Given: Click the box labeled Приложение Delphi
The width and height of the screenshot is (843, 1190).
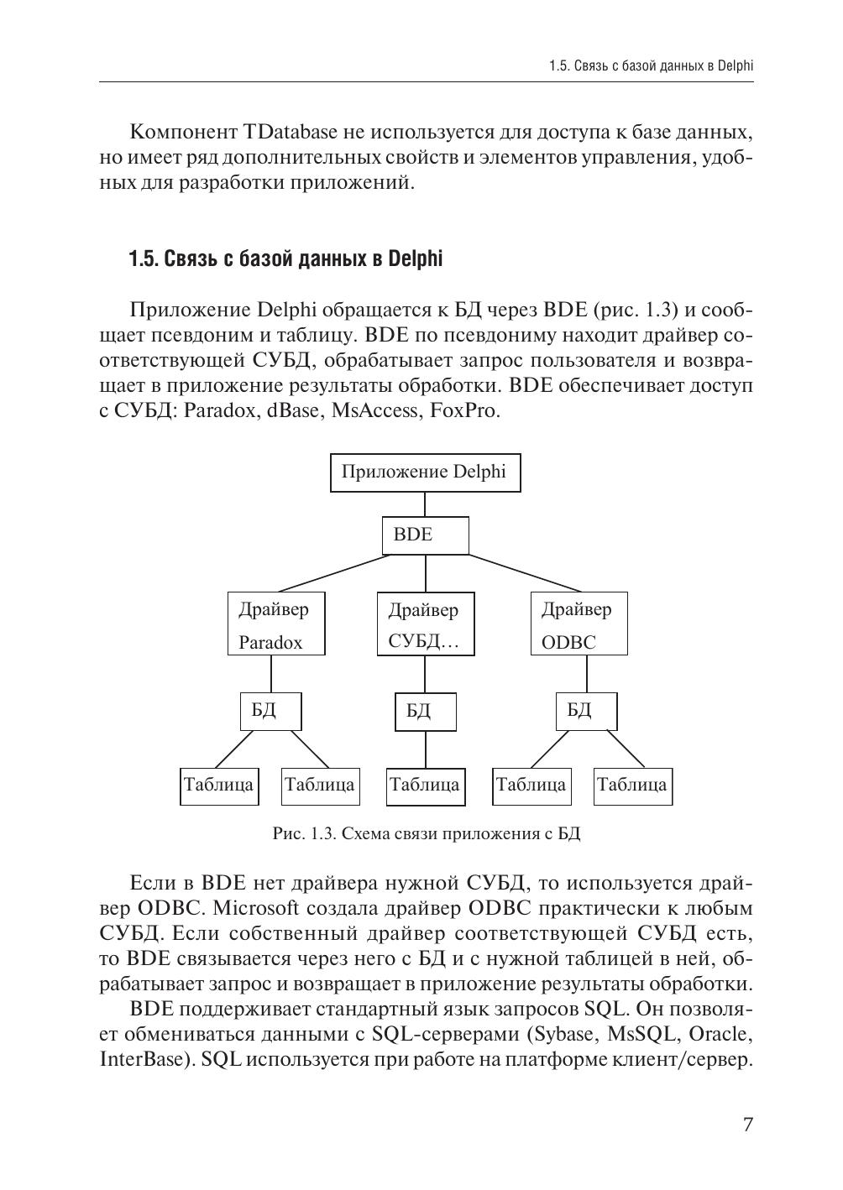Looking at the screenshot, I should click(x=424, y=472).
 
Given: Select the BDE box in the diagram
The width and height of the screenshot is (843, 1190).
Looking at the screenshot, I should click(x=425, y=535).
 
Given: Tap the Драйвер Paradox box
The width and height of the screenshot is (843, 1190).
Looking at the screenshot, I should click(x=276, y=624).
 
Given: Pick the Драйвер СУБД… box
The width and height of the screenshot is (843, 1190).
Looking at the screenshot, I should click(x=425, y=624).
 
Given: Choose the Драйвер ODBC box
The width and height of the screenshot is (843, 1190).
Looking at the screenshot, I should click(x=579, y=624).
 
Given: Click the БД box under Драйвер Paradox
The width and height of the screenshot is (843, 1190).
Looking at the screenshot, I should click(x=270, y=711).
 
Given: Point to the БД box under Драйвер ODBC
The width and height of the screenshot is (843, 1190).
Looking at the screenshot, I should click(x=586, y=711).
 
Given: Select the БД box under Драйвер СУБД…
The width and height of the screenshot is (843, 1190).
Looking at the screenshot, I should click(x=425, y=712).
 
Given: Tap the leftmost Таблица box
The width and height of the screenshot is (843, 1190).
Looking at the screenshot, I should click(x=219, y=786).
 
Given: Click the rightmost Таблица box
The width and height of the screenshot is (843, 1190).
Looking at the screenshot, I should click(x=632, y=786).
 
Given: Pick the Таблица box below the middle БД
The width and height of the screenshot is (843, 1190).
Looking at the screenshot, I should click(x=425, y=786).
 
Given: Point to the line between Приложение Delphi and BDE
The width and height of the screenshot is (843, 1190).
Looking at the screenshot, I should click(x=425, y=504).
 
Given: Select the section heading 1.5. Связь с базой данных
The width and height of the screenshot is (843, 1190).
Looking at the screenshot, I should click(x=285, y=259).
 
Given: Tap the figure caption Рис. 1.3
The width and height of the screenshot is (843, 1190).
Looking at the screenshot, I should click(x=427, y=833).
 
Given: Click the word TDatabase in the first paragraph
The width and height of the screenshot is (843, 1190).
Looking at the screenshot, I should click(x=291, y=133).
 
